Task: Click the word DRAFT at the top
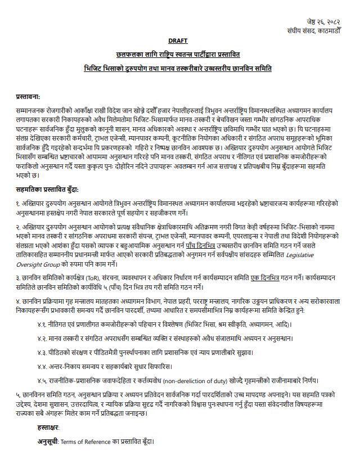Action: tap(178, 41)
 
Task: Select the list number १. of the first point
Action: tap(20, 201)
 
